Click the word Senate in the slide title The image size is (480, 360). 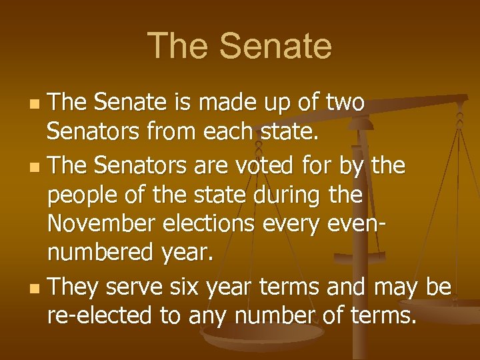(275, 46)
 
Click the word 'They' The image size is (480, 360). (74, 287)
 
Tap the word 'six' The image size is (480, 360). (188, 287)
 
